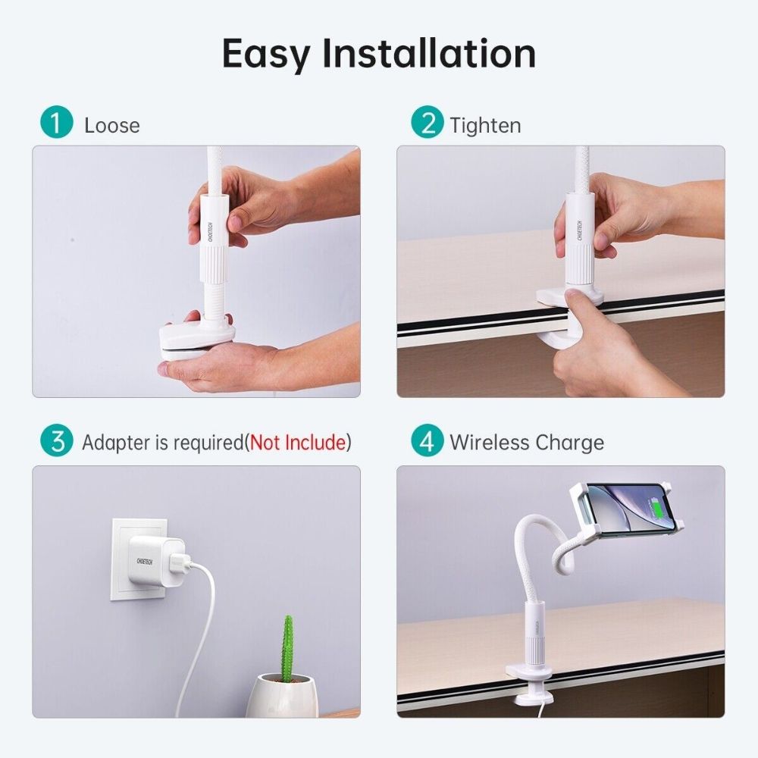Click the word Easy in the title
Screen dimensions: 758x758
click(266, 53)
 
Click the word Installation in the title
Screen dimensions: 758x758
click(429, 53)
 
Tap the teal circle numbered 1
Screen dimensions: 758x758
click(57, 124)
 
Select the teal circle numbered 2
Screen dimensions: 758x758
click(428, 124)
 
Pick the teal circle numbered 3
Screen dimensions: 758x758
click(57, 442)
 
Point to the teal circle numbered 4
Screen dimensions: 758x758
click(428, 442)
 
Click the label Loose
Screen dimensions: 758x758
click(112, 125)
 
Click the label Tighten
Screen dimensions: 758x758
click(485, 125)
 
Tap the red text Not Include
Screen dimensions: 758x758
click(298, 443)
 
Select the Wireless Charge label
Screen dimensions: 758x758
click(527, 443)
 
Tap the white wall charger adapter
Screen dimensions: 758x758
click(155, 561)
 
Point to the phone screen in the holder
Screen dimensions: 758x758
click(625, 506)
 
